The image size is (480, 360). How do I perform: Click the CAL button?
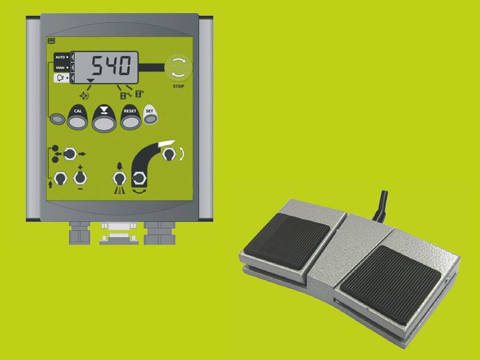(x=77, y=118)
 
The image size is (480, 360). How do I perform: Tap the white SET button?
(x=151, y=115)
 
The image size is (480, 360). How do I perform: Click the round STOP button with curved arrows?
(x=178, y=68)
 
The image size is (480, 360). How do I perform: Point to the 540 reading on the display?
(x=112, y=65)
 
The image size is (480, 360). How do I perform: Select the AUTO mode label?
(x=60, y=57)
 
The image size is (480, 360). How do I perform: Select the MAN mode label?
(x=60, y=68)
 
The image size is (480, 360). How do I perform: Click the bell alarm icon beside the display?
(x=61, y=78)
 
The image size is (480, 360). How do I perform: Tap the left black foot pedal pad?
(x=287, y=241)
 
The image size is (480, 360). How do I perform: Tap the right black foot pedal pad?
(x=391, y=284)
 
